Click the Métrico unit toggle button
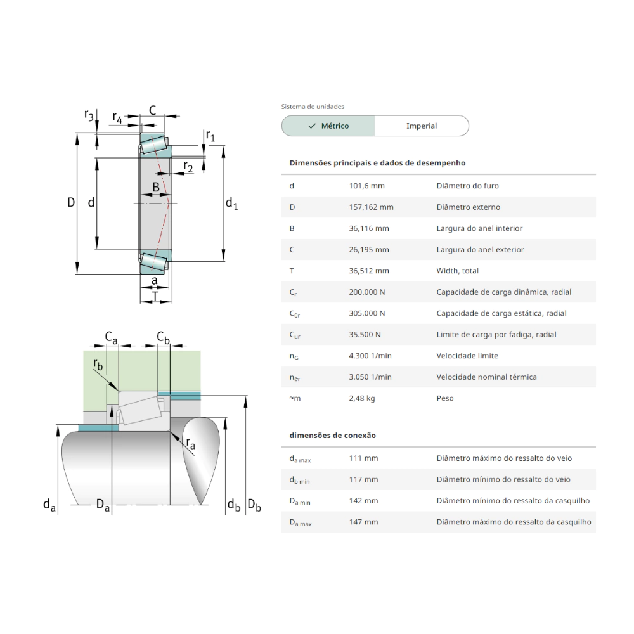[x=328, y=126]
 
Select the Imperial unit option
[x=422, y=126]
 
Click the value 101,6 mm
[x=366, y=186]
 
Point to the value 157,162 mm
[x=371, y=207]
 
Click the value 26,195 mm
[x=369, y=249]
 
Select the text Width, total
[x=457, y=271]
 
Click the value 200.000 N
[x=367, y=292]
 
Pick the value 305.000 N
[x=367, y=313]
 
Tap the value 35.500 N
[x=365, y=334]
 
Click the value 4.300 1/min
[x=369, y=356]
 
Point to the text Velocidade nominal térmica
[x=486, y=377]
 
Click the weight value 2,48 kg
[x=361, y=398]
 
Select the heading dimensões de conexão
[x=332, y=436]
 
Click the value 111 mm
[x=363, y=458]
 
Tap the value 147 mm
[x=363, y=522]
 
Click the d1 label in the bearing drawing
[x=231, y=204]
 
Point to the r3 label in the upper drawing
[x=89, y=115]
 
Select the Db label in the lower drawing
[x=254, y=505]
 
